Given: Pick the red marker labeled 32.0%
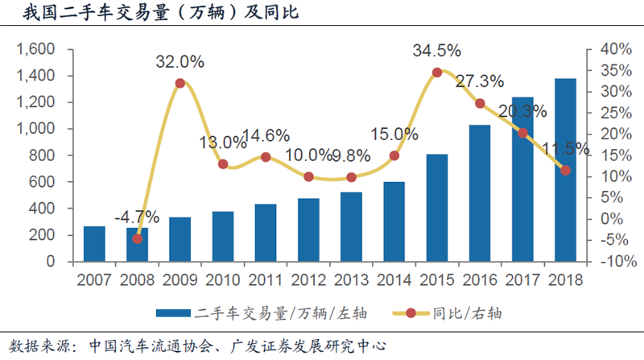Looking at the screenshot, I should coord(180,83).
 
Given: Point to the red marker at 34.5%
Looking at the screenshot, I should coord(437,72).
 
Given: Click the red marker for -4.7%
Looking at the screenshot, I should coord(137,239).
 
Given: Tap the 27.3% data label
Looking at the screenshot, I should coord(480,81).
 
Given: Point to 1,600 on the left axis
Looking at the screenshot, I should coord(34,49).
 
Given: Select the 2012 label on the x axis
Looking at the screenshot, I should coord(308,279).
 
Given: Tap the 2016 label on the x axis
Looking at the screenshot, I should coord(480,279).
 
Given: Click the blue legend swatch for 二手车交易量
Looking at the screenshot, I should coord(173,312).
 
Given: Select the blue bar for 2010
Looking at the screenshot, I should coord(222,237).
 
